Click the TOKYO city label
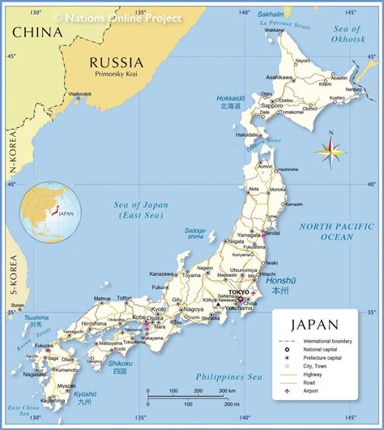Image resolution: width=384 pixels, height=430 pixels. [x=239, y=292]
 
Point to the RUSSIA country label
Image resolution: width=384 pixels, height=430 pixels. [x=116, y=62]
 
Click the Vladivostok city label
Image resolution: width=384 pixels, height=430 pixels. [x=80, y=93]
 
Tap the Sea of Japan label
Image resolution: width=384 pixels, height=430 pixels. [x=143, y=210]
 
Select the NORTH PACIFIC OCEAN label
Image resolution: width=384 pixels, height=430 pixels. [x=326, y=232]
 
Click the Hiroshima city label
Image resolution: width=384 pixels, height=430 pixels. [x=93, y=324]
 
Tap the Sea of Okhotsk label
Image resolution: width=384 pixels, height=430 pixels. [x=352, y=33]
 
